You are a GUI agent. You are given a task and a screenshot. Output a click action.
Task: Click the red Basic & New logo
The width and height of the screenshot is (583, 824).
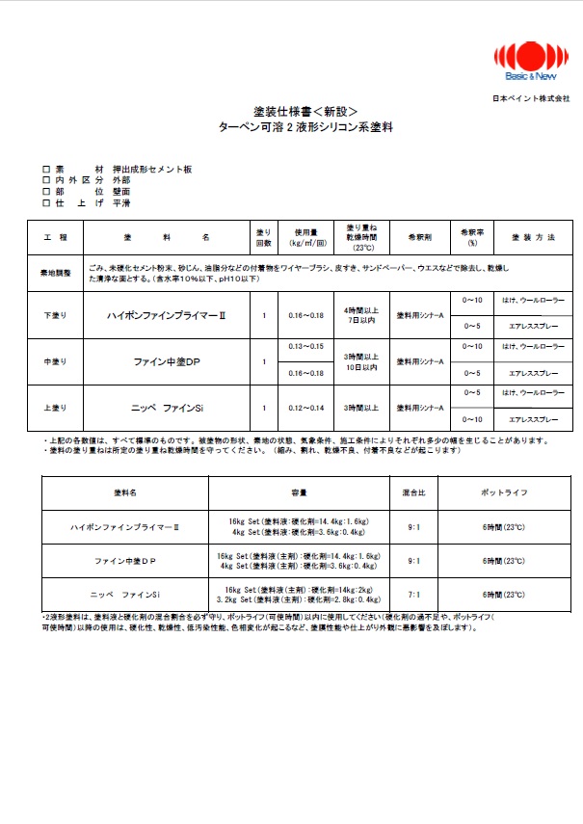point(525,59)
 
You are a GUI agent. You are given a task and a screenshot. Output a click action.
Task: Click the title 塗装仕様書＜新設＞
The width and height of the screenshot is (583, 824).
point(290,112)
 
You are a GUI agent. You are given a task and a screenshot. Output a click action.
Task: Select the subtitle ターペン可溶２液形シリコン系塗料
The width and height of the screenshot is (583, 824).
point(290,127)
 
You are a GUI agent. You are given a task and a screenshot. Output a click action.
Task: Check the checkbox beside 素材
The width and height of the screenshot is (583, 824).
point(46,169)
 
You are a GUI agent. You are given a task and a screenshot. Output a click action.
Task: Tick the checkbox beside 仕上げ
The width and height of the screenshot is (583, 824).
point(46,203)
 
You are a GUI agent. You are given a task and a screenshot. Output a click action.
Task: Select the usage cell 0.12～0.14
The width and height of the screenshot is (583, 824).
point(305,409)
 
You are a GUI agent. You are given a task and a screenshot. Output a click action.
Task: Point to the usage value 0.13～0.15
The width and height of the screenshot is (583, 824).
point(305,345)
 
